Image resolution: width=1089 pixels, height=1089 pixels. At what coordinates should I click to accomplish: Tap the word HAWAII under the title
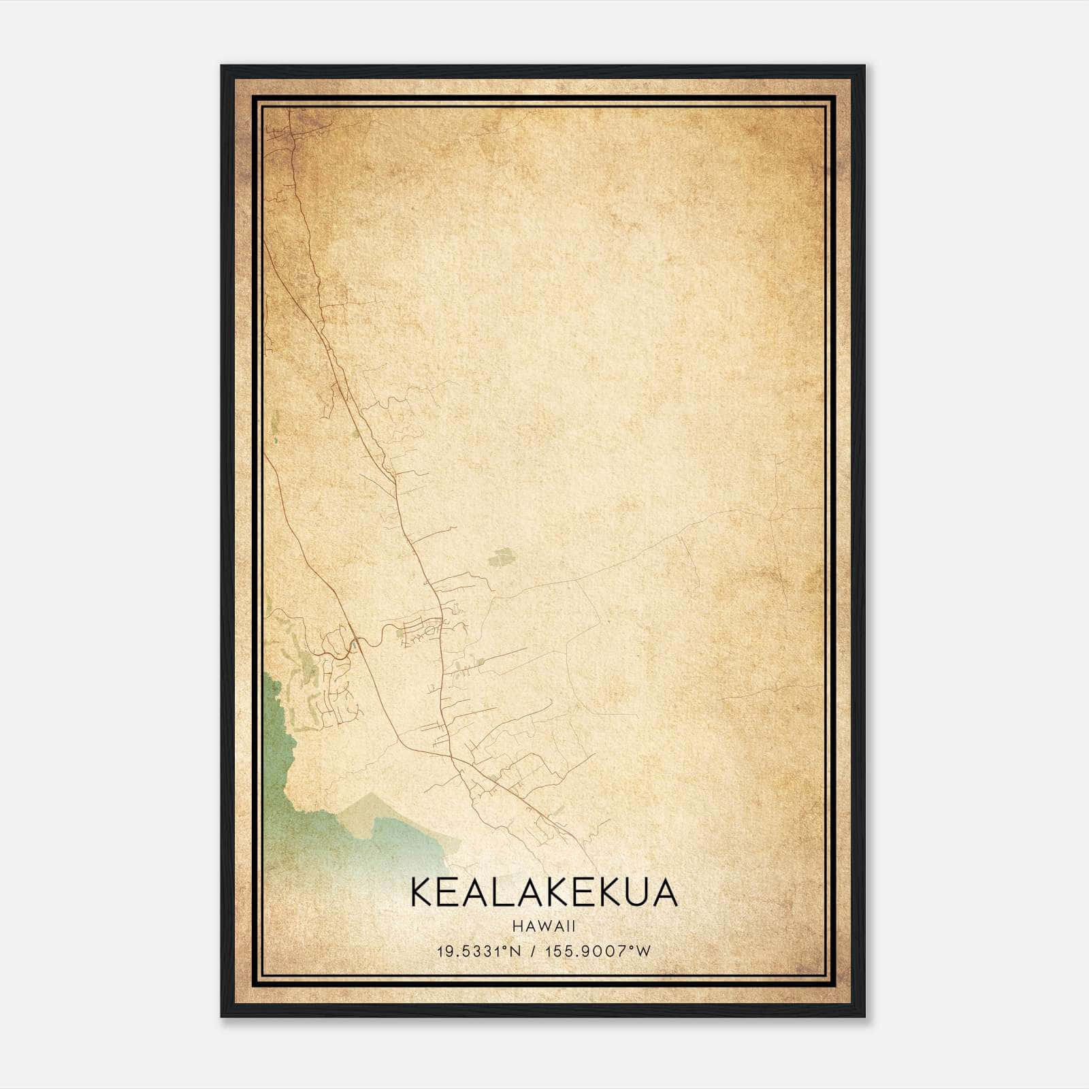(544, 926)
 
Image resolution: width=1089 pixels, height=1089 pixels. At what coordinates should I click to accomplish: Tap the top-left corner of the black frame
(222, 67)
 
